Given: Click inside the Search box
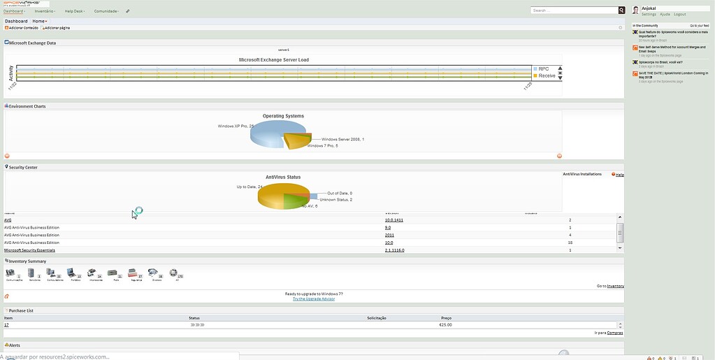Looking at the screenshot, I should click(574, 10).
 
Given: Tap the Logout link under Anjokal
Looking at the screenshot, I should click(679, 14).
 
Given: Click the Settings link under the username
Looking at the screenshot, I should click(649, 14).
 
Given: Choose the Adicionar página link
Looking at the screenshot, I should click(57, 27).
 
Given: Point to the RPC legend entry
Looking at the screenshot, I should click(544, 69).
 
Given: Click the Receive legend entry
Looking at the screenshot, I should click(547, 75).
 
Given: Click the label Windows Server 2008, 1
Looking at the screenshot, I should click(342, 139).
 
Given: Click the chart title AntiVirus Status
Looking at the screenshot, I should click(283, 177).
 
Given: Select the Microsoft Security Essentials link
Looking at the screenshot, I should click(29, 250).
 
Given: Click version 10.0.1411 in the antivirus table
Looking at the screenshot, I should click(394, 219).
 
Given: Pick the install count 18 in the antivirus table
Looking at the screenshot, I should click(570, 243).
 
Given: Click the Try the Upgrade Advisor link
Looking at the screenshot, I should click(314, 298).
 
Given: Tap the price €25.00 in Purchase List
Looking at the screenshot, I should click(445, 324).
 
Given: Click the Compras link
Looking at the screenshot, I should click(615, 333).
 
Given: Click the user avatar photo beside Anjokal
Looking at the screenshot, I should click(635, 10).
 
